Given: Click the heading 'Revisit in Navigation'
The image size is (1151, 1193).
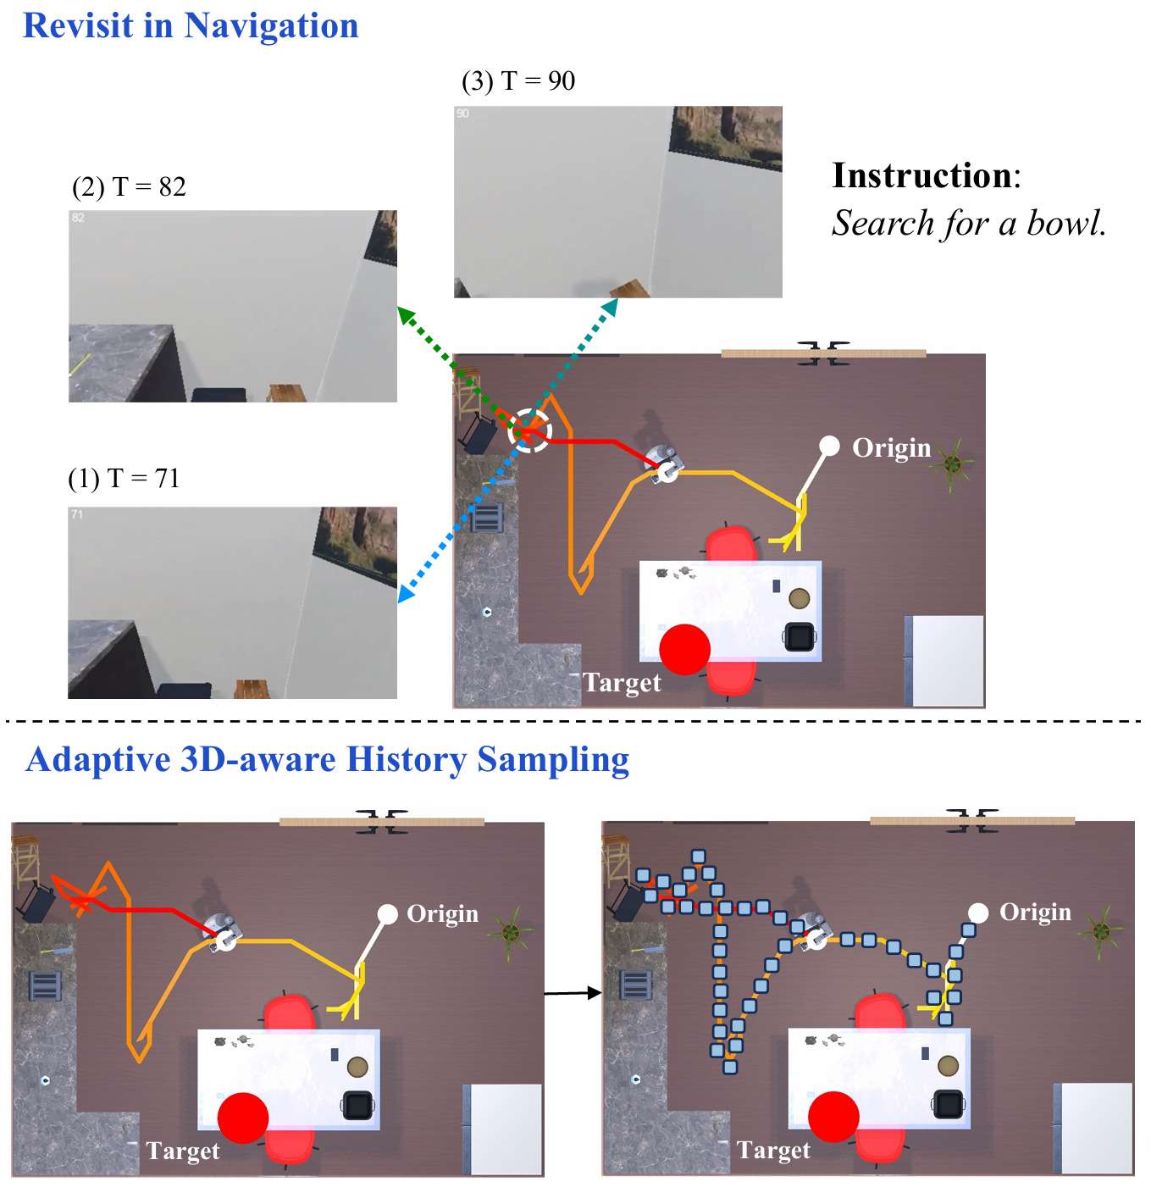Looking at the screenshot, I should pyautogui.click(x=191, y=25).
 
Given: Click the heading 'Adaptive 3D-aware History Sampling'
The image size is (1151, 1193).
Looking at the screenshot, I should pyautogui.click(x=327, y=759).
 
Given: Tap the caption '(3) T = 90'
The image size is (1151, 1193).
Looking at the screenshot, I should pyautogui.click(x=518, y=81).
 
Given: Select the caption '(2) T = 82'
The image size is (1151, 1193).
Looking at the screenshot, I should pyautogui.click(x=129, y=187).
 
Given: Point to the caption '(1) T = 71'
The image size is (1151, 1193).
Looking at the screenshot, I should pyautogui.click(x=124, y=479).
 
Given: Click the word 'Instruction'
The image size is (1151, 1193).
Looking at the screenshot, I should pyautogui.click(x=921, y=175).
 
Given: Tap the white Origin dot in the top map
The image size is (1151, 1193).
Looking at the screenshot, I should pyautogui.click(x=829, y=446).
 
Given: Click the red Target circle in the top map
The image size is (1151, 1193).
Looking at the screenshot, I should pyautogui.click(x=684, y=649).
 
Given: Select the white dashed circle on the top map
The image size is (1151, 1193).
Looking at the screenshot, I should pyautogui.click(x=530, y=430).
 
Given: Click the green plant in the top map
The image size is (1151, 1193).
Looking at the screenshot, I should pyautogui.click(x=953, y=463).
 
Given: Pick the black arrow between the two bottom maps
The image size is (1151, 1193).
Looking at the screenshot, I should pyautogui.click(x=573, y=993).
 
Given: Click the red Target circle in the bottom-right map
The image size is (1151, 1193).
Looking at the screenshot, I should pyautogui.click(x=833, y=1117).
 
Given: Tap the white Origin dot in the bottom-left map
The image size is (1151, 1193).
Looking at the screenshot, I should pyautogui.click(x=387, y=913).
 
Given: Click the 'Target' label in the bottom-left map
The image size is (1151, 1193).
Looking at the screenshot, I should pyautogui.click(x=182, y=1151).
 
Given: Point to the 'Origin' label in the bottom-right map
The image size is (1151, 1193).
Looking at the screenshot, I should pyautogui.click(x=1035, y=913).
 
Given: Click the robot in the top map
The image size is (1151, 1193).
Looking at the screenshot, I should pyautogui.click(x=664, y=462).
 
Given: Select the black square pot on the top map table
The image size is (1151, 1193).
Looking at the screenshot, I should pyautogui.click(x=800, y=636).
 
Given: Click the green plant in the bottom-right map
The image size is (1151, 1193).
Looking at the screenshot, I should pyautogui.click(x=1101, y=931).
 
